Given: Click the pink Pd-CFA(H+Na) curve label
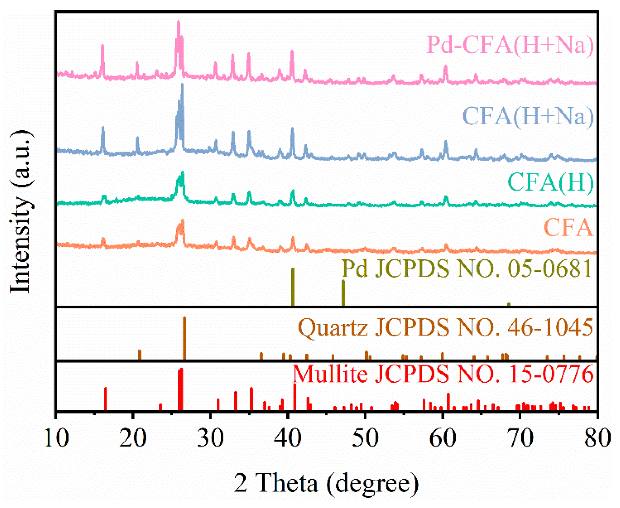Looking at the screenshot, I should click(510, 45).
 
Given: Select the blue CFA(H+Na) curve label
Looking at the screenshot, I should click(528, 116).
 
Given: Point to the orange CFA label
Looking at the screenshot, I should click(568, 228).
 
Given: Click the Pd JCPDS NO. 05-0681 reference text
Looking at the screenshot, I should click(467, 269).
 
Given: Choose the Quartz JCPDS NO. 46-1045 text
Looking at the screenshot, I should click(445, 327).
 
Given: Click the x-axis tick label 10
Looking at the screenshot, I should click(57, 438).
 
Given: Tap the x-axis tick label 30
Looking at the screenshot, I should click(210, 438).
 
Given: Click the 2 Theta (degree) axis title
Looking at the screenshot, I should click(326, 483).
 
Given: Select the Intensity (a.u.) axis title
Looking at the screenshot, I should click(21, 211).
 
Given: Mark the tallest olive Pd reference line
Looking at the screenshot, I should click(293, 287).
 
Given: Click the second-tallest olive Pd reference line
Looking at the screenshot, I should click(343, 293).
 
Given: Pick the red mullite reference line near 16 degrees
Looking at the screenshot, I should click(105, 399).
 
